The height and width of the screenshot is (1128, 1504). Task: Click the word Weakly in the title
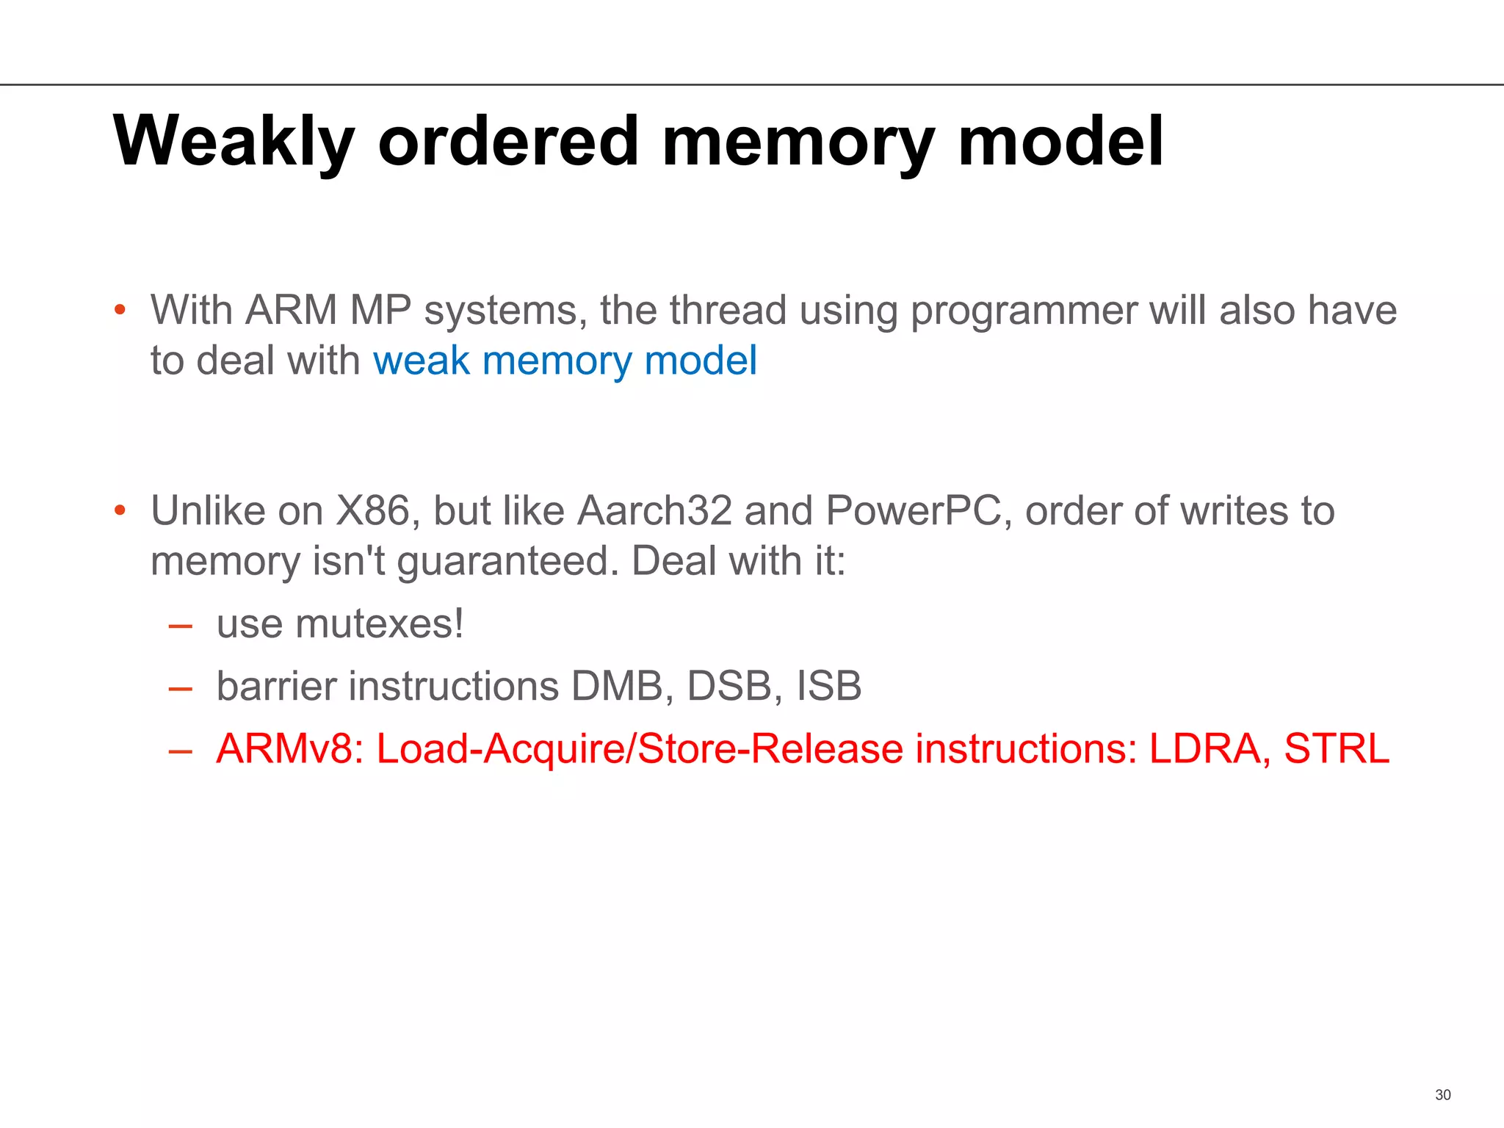point(234,141)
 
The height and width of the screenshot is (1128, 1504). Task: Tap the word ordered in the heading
point(508,141)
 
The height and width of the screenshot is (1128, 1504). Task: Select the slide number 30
point(1442,1095)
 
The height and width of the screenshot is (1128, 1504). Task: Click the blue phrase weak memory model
point(565,361)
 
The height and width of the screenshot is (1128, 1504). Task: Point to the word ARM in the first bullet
point(291,310)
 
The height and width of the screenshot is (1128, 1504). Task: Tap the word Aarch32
point(654,510)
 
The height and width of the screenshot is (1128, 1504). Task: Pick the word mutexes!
point(379,624)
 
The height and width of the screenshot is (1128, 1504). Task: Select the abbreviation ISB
point(829,686)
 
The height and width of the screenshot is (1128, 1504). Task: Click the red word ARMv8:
point(290,749)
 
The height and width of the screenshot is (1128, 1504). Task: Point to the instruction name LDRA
point(1209,749)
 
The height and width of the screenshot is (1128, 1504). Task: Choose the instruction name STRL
point(1337,749)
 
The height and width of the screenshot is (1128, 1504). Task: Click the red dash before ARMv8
point(180,751)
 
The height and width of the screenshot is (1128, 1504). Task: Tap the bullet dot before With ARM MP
point(120,310)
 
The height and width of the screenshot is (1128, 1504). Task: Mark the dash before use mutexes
point(180,626)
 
